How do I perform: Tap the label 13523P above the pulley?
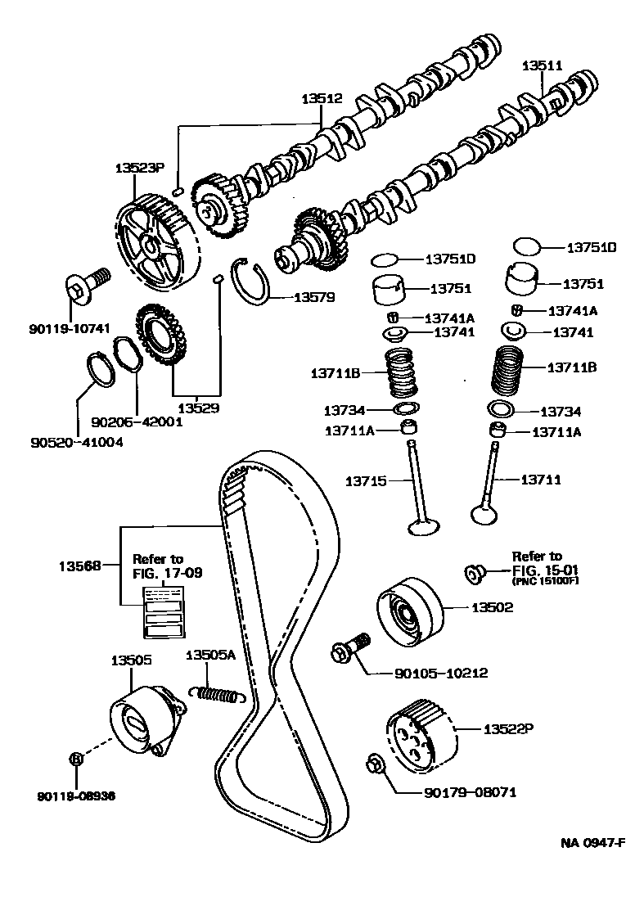coord(139,168)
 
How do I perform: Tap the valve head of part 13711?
coord(483,514)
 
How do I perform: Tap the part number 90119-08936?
coord(76,794)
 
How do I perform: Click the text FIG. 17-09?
coord(167,573)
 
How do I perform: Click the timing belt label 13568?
coord(79,565)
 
